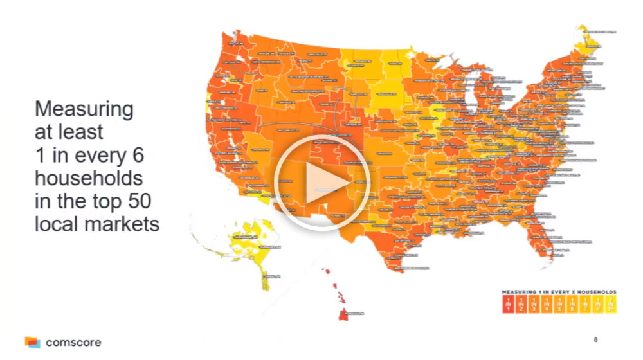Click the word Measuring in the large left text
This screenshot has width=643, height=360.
[84, 109]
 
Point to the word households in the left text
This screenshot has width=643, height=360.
[88, 177]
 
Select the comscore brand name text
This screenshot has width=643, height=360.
[73, 341]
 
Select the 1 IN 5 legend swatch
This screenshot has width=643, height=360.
[558, 303]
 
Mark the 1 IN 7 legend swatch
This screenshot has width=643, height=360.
[583, 303]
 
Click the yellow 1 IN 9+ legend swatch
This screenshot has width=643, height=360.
[608, 303]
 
